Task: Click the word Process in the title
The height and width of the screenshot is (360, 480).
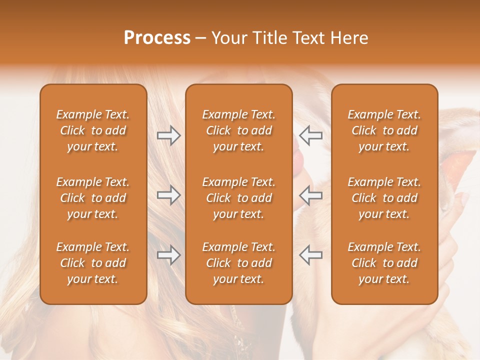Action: (x=157, y=38)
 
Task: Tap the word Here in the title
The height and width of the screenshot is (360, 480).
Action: (x=349, y=38)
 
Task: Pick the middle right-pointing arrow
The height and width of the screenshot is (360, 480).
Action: (x=168, y=195)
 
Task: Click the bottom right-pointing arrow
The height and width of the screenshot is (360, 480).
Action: (x=168, y=255)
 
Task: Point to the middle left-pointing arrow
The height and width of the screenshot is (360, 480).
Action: (x=311, y=195)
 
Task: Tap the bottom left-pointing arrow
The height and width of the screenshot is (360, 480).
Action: (x=311, y=255)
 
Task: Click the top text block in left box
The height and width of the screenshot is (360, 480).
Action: (x=93, y=130)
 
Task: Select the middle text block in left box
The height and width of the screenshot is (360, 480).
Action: (x=93, y=198)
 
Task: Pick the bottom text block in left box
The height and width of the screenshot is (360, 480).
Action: (x=93, y=263)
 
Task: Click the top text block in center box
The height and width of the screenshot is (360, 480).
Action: (x=239, y=130)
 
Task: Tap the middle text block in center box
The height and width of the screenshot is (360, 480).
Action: (x=239, y=198)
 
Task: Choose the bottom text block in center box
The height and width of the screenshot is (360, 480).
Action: (x=239, y=263)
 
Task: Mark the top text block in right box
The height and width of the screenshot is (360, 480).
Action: (x=384, y=130)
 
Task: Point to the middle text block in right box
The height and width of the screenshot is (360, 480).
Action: (x=384, y=198)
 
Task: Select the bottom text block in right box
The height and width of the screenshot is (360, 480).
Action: (x=384, y=263)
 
